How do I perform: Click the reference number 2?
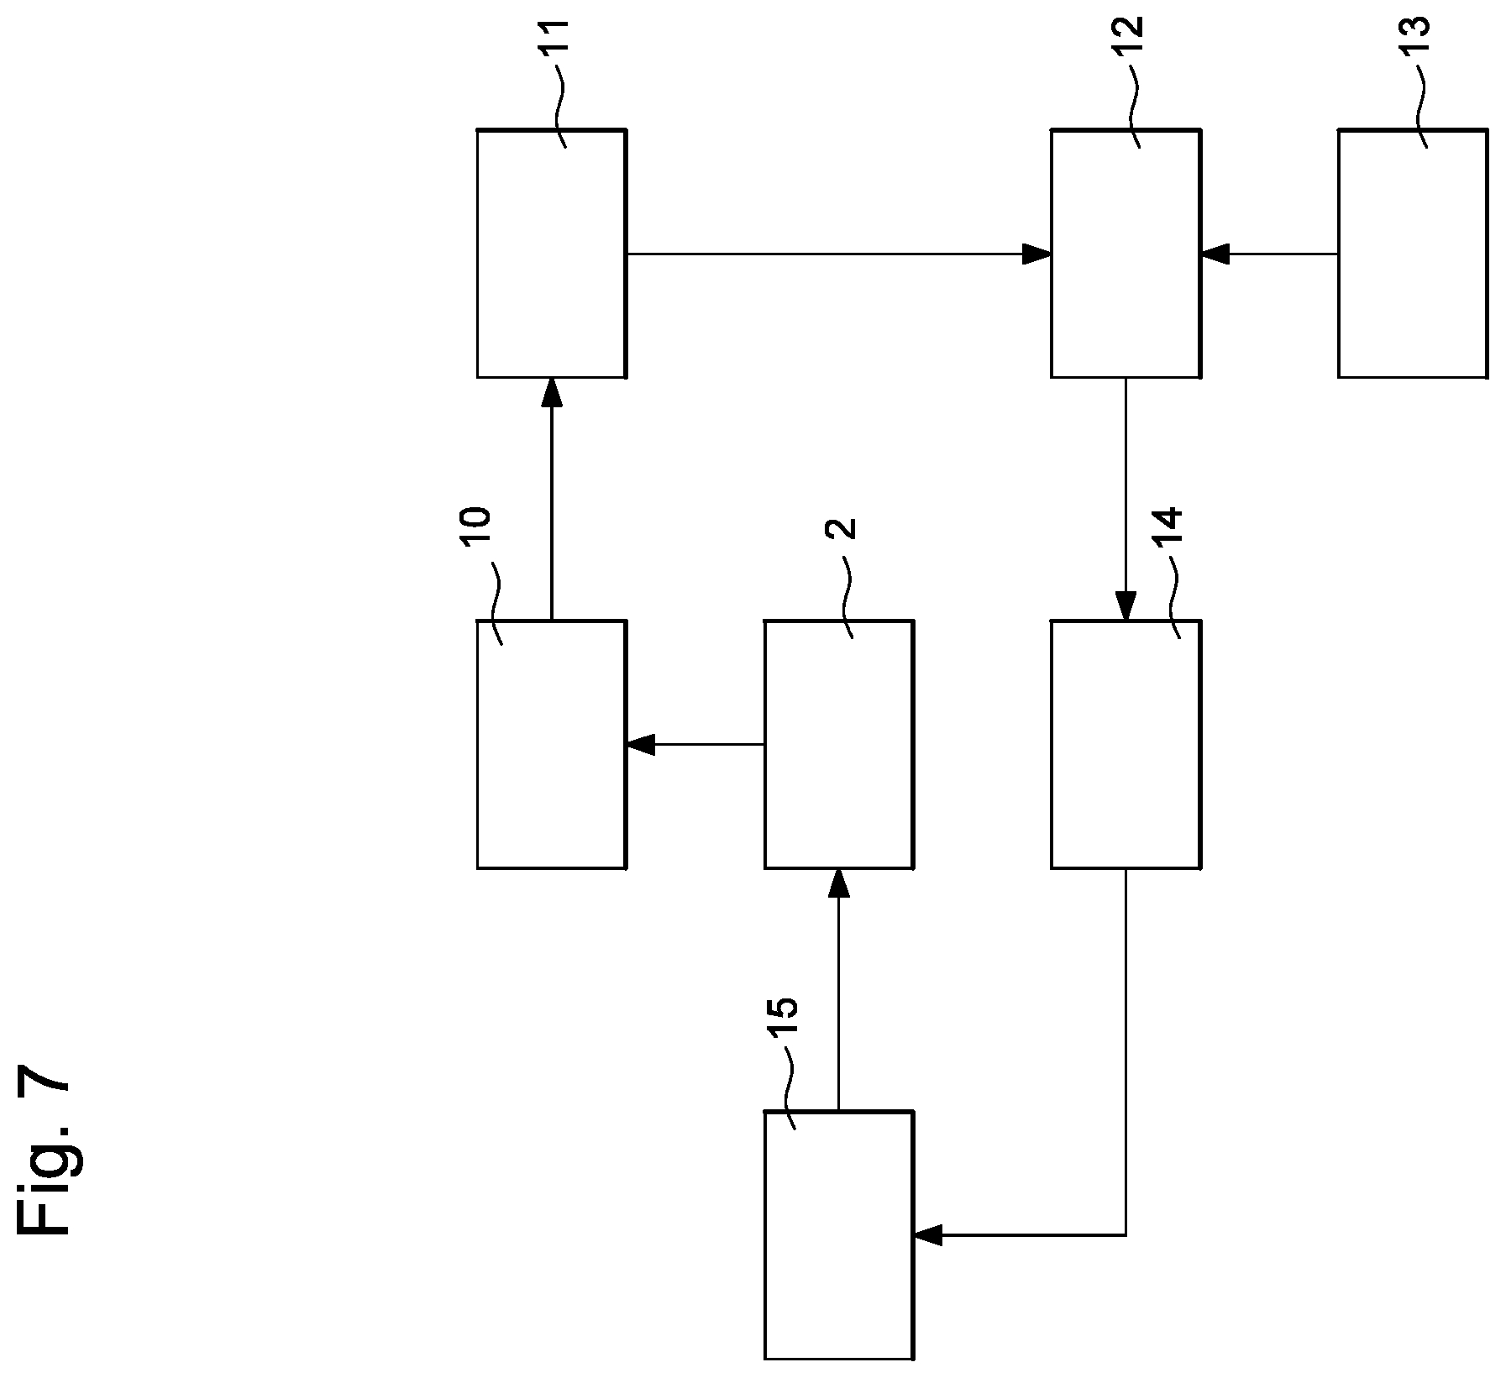pos(844,529)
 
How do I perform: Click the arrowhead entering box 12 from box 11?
pos(1037,253)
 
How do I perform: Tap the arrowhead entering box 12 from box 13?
pos(1215,253)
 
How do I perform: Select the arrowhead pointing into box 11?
pos(551,392)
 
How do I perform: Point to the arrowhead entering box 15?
pos(928,1234)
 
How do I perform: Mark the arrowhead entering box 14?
pos(1126,605)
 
